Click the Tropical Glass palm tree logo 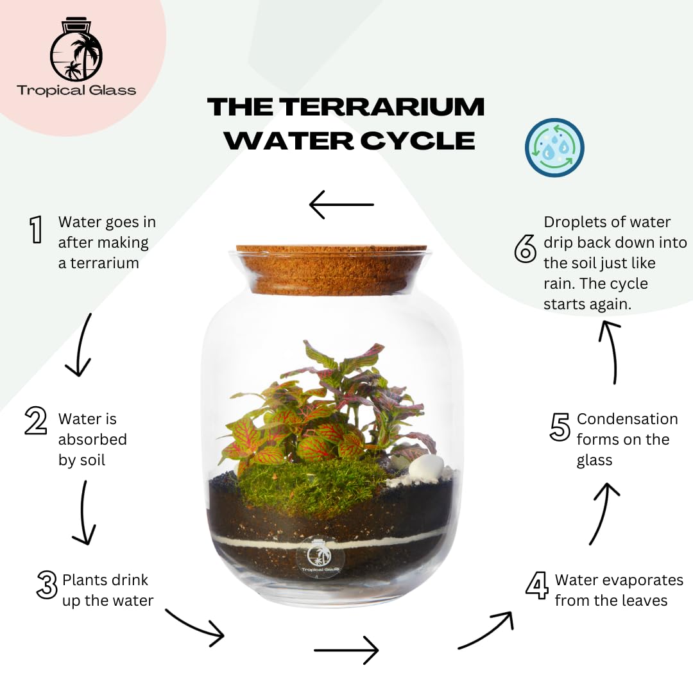(x=76, y=49)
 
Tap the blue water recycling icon (x=554, y=148)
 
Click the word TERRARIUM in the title (x=382, y=107)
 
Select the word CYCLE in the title (x=418, y=141)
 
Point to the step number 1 (x=36, y=229)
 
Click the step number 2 (x=36, y=420)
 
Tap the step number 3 (x=47, y=585)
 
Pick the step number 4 (x=538, y=585)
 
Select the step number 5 (x=560, y=427)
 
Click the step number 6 (x=526, y=248)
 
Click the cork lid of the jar (x=332, y=269)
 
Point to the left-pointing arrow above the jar (x=341, y=205)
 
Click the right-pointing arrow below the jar (x=346, y=650)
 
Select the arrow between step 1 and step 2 (x=80, y=345)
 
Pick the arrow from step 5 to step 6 (x=612, y=352)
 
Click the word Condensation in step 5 (x=627, y=419)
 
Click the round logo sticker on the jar (x=320, y=558)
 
